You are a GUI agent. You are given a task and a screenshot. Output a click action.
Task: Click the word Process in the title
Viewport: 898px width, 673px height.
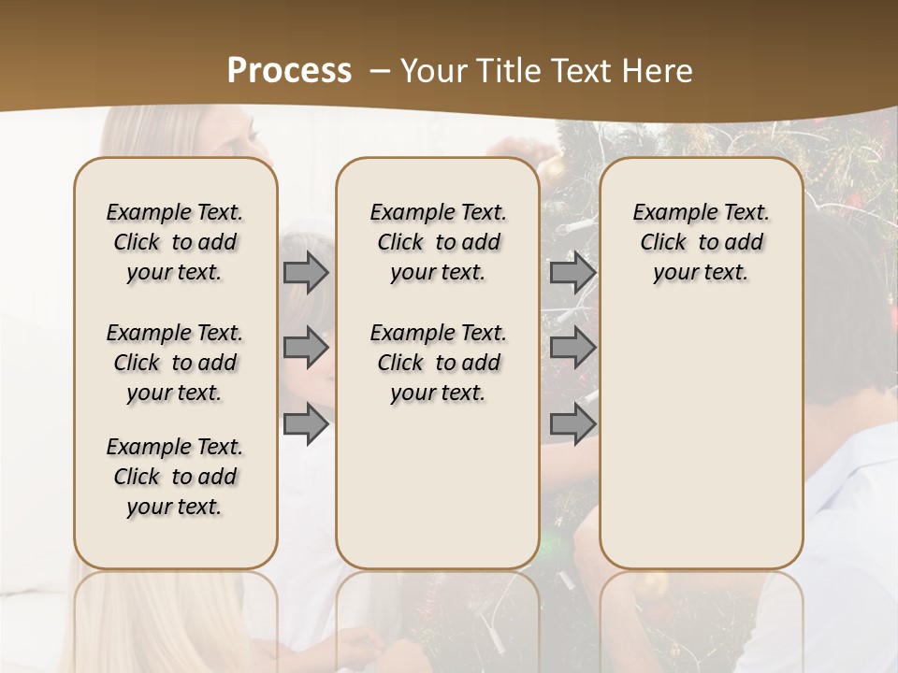click(x=289, y=70)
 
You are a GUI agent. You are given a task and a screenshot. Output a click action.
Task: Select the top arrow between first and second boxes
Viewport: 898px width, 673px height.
click(x=306, y=272)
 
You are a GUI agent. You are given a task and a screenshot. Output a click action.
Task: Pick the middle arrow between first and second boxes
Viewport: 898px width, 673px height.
click(x=306, y=348)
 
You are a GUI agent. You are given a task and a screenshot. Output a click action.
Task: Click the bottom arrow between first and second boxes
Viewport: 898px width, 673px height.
click(x=306, y=424)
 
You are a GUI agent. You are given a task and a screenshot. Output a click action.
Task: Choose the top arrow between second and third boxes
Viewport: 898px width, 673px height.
click(x=572, y=272)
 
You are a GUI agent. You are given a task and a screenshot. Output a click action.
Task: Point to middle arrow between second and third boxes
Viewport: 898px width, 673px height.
click(x=572, y=348)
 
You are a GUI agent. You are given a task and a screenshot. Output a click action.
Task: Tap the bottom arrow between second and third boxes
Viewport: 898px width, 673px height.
click(x=572, y=424)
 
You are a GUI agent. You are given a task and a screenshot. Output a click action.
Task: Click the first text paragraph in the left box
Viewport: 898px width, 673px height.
click(x=175, y=242)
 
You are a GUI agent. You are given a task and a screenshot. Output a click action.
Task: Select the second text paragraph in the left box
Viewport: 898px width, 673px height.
click(x=175, y=363)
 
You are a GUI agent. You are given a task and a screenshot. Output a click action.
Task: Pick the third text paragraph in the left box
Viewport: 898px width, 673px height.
click(x=175, y=477)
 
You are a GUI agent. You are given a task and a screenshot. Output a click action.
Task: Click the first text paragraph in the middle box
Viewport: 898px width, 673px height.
click(x=438, y=242)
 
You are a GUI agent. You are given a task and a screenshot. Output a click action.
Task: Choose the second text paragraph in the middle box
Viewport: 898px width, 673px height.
click(x=438, y=363)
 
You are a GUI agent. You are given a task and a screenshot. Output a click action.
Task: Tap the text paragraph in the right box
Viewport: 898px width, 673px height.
click(x=702, y=242)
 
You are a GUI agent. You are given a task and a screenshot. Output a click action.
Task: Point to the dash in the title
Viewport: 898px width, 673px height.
click(x=379, y=70)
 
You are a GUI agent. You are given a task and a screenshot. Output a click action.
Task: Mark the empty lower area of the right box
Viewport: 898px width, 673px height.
click(x=702, y=430)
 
